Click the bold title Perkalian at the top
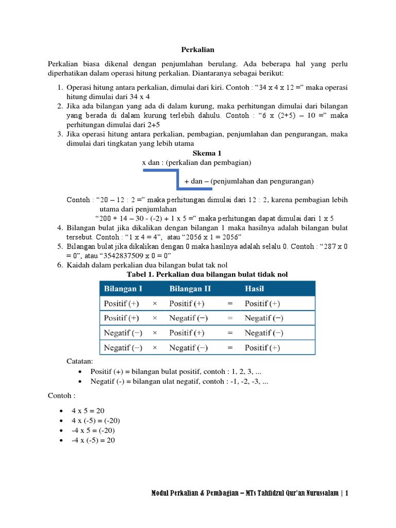197,50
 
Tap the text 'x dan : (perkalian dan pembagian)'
196,162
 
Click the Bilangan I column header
124,288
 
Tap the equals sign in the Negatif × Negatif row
230,348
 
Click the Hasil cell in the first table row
262,303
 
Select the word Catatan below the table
80,362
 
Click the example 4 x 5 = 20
88,410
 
